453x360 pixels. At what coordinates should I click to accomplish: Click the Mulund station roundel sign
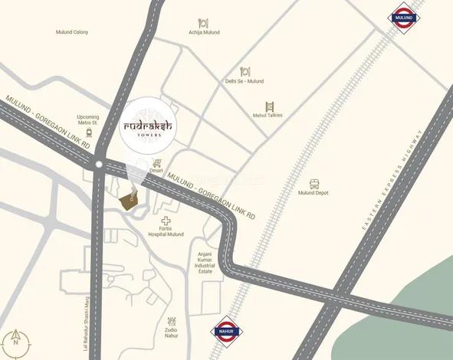coord(403,17)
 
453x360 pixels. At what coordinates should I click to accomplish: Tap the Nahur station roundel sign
coord(224,327)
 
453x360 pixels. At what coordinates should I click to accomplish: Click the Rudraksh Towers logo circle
coord(149,127)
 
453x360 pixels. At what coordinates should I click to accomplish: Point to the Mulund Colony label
coord(72,32)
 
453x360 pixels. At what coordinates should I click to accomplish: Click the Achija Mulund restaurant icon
coord(204,22)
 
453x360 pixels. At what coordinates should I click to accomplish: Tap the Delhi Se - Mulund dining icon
coord(245,71)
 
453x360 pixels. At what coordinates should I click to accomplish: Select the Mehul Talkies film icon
coord(269,106)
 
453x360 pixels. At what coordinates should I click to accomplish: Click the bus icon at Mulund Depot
coord(314,184)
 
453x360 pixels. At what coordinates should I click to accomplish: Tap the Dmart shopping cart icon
coord(157,163)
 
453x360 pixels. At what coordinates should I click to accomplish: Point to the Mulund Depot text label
coord(313,193)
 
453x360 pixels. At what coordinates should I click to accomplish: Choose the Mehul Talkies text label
coord(268,115)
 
